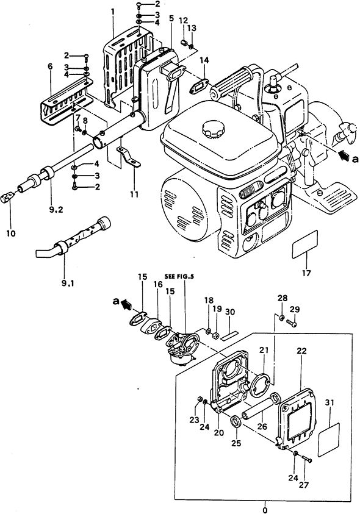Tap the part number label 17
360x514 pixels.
tap(306, 273)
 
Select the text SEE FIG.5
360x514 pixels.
tap(179, 276)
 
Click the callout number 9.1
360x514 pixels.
tap(68, 283)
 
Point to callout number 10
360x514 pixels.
tap(10, 234)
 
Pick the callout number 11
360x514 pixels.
tap(134, 195)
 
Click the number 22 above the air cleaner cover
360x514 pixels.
tap(301, 351)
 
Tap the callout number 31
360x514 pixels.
tap(330, 402)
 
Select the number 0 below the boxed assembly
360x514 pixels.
tap(265, 510)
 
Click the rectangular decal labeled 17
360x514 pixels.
tap(305, 245)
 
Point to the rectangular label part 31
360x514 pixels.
tap(329, 440)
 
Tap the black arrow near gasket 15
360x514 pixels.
tap(126, 304)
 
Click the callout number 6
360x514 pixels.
tap(50, 66)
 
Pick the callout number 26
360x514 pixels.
tap(262, 426)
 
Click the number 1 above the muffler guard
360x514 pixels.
tap(113, 12)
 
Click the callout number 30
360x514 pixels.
tap(230, 312)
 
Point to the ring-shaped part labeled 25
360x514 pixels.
tap(236, 421)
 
